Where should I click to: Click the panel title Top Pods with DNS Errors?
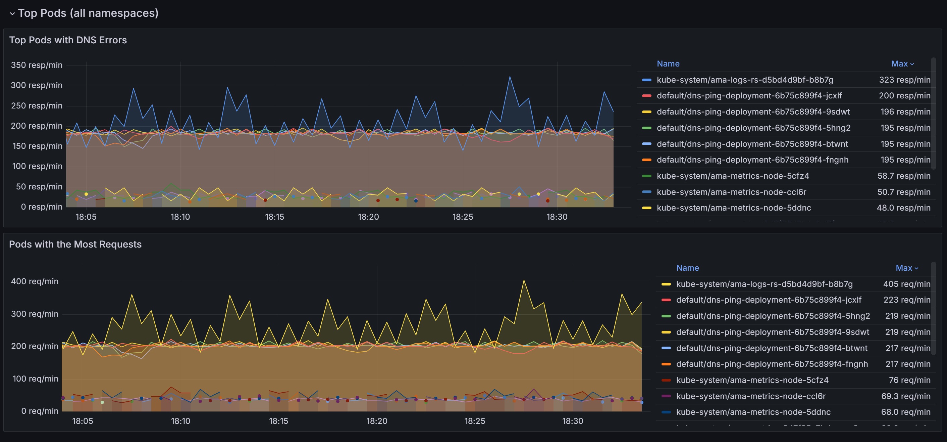click(x=68, y=40)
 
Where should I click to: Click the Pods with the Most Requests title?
click(x=75, y=245)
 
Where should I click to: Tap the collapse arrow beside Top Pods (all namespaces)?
click(x=12, y=14)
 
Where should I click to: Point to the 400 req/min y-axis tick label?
click(x=35, y=281)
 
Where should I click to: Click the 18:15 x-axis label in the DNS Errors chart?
click(x=274, y=217)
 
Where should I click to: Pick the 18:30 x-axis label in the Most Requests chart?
click(x=572, y=421)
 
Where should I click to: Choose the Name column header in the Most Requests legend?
click(x=687, y=268)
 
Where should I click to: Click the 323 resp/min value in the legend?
click(x=904, y=80)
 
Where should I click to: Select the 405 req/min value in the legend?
click(x=906, y=284)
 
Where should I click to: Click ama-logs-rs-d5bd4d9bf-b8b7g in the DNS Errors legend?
click(x=745, y=80)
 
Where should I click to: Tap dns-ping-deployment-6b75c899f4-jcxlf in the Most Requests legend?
click(x=769, y=300)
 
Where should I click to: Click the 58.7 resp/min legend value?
click(x=904, y=176)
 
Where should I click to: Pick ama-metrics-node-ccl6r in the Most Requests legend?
click(x=751, y=396)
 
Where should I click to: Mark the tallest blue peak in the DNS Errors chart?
click(x=510, y=77)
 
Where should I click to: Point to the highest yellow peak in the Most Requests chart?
click(x=524, y=280)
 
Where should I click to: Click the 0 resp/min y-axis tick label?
click(x=42, y=207)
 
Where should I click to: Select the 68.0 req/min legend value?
click(x=905, y=412)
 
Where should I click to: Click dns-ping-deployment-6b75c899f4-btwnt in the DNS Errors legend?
click(x=752, y=144)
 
